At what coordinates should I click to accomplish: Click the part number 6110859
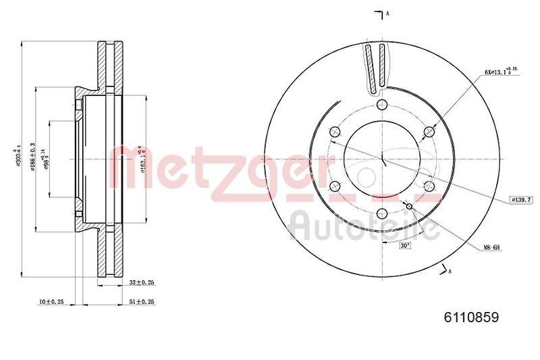coord(470,315)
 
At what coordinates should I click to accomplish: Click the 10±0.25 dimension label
coord(51,301)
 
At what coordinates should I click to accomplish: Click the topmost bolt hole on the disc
coord(382,105)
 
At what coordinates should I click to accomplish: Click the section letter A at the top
coord(387,13)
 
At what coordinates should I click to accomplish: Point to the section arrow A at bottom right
coord(445,270)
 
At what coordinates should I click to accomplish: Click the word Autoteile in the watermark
coord(364,226)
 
